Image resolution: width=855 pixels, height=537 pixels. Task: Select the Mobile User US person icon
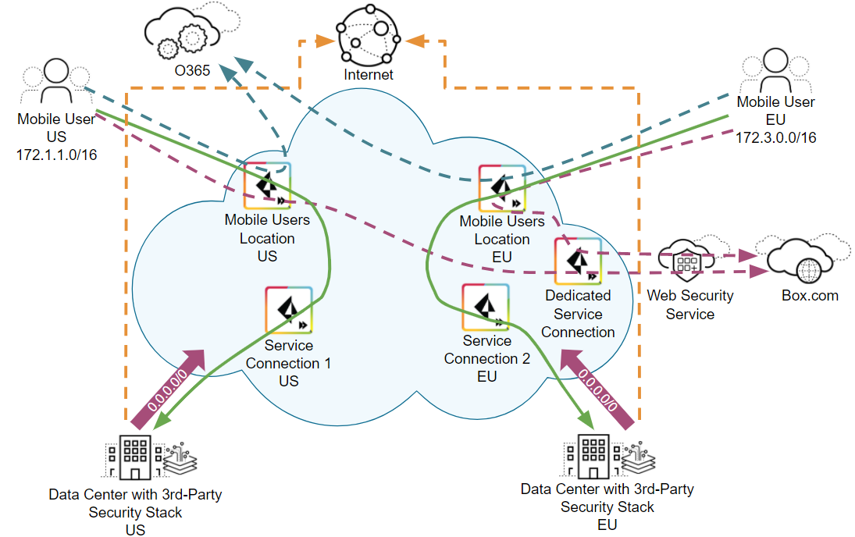(55, 82)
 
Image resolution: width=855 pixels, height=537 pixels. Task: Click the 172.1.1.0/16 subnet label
(55, 155)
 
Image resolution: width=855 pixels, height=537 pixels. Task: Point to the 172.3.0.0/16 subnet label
(775, 137)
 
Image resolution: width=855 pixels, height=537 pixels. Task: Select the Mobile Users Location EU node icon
(501, 187)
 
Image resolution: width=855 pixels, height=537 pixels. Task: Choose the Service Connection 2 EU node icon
(486, 307)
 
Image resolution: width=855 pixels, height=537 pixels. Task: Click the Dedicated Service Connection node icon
(578, 261)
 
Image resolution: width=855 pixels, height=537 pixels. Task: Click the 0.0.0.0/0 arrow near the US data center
(170, 389)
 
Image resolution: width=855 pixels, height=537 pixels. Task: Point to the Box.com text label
(810, 296)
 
